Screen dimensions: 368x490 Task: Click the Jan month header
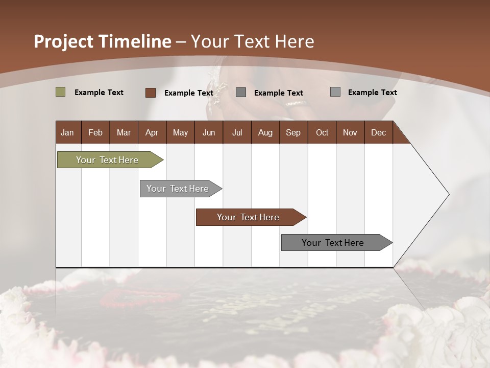pyautogui.click(x=68, y=132)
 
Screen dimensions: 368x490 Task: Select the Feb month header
pyautogui.click(x=95, y=132)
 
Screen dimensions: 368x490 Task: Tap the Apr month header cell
pyautogui.click(x=152, y=132)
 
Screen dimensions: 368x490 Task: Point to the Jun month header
pyautogui.click(x=209, y=132)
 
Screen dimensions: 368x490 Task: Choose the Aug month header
pyautogui.click(x=265, y=132)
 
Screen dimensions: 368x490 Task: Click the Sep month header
pyautogui.click(x=293, y=132)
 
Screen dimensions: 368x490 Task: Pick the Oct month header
pyautogui.click(x=322, y=132)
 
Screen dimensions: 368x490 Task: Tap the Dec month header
pyautogui.click(x=379, y=132)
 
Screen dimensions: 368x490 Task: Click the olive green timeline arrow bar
pyautogui.click(x=108, y=160)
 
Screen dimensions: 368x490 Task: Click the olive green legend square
pyautogui.click(x=60, y=92)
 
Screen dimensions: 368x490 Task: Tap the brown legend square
pyautogui.click(x=151, y=93)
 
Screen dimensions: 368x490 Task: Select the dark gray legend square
pyautogui.click(x=241, y=93)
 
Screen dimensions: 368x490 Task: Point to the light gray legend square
pyautogui.click(x=335, y=92)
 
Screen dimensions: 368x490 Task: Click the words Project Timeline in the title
pyautogui.click(x=103, y=41)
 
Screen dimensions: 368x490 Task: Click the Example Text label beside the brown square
pyautogui.click(x=189, y=93)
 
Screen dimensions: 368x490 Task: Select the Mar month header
pyautogui.click(x=124, y=132)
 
